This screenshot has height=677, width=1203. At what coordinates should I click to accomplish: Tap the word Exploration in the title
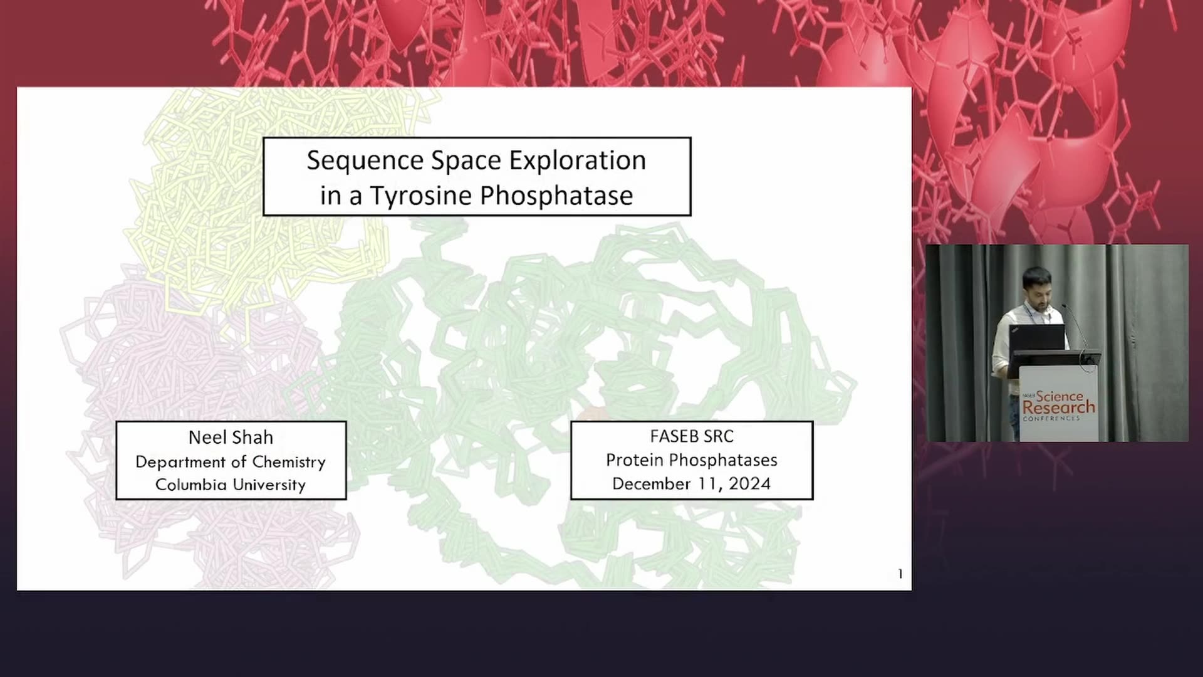click(x=577, y=161)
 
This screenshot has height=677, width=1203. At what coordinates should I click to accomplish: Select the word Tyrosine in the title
click(x=420, y=196)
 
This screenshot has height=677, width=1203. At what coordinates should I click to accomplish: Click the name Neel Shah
click(x=231, y=437)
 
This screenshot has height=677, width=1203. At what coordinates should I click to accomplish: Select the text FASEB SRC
click(x=692, y=436)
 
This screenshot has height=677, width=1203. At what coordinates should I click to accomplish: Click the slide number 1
click(x=900, y=574)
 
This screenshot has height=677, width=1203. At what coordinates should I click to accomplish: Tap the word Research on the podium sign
click(x=1059, y=407)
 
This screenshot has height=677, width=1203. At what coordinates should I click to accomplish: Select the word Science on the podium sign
click(x=1060, y=396)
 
